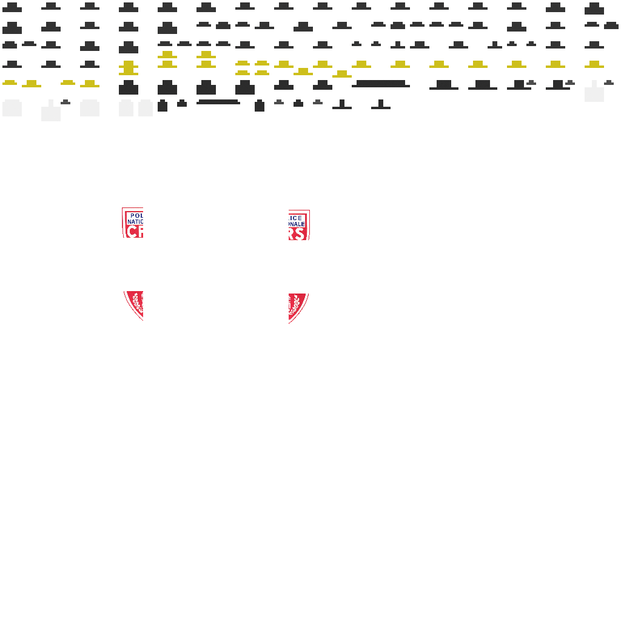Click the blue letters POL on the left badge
coord(136,215)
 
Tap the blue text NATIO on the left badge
coord(135,222)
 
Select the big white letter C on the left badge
coord(132,232)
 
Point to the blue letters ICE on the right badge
coord(295,218)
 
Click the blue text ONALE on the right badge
coord(297,224)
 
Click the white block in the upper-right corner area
coord(594,93)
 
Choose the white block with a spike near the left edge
coord(51,113)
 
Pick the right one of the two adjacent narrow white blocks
coord(146,109)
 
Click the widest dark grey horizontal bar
coord(380,84)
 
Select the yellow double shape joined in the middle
coord(129,67)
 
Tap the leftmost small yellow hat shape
coord(10,82)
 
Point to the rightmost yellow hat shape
coord(594,64)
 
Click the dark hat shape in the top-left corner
coord(12,7)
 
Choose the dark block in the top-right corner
coord(594,8)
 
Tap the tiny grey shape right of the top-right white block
coord(609,82)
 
